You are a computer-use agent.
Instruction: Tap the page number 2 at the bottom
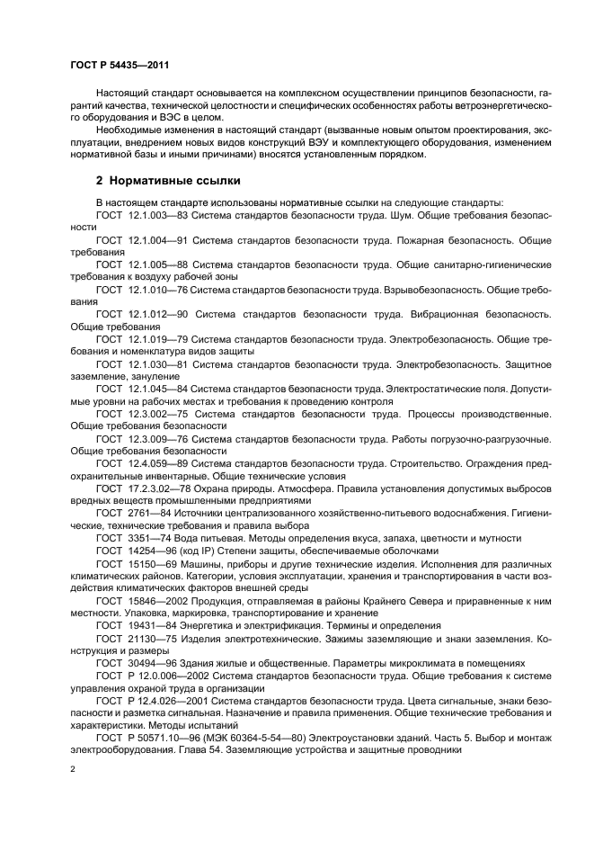coord(73,769)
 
